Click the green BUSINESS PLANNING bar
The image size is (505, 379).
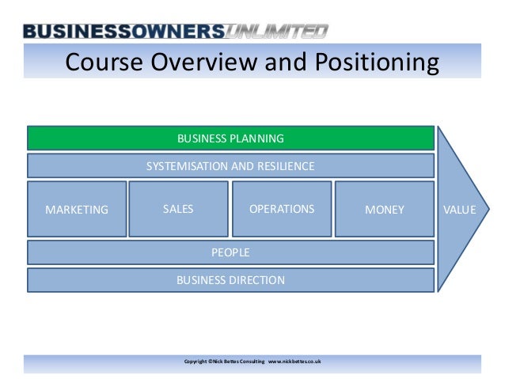coord(230,138)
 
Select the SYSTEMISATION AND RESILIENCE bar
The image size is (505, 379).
coord(230,166)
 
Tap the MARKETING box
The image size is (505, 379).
coord(77,210)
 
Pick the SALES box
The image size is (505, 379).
coord(178,209)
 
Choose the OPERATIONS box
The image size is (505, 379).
coord(281,209)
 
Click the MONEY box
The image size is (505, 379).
coord(385,210)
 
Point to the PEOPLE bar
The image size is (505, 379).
coord(230,252)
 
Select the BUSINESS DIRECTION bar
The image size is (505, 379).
coord(230,280)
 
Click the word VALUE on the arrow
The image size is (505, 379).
coord(460,210)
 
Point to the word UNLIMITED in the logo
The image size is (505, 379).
coord(277,32)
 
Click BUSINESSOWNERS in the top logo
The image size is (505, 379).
coord(123,32)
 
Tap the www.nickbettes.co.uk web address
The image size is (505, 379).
coord(294,362)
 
